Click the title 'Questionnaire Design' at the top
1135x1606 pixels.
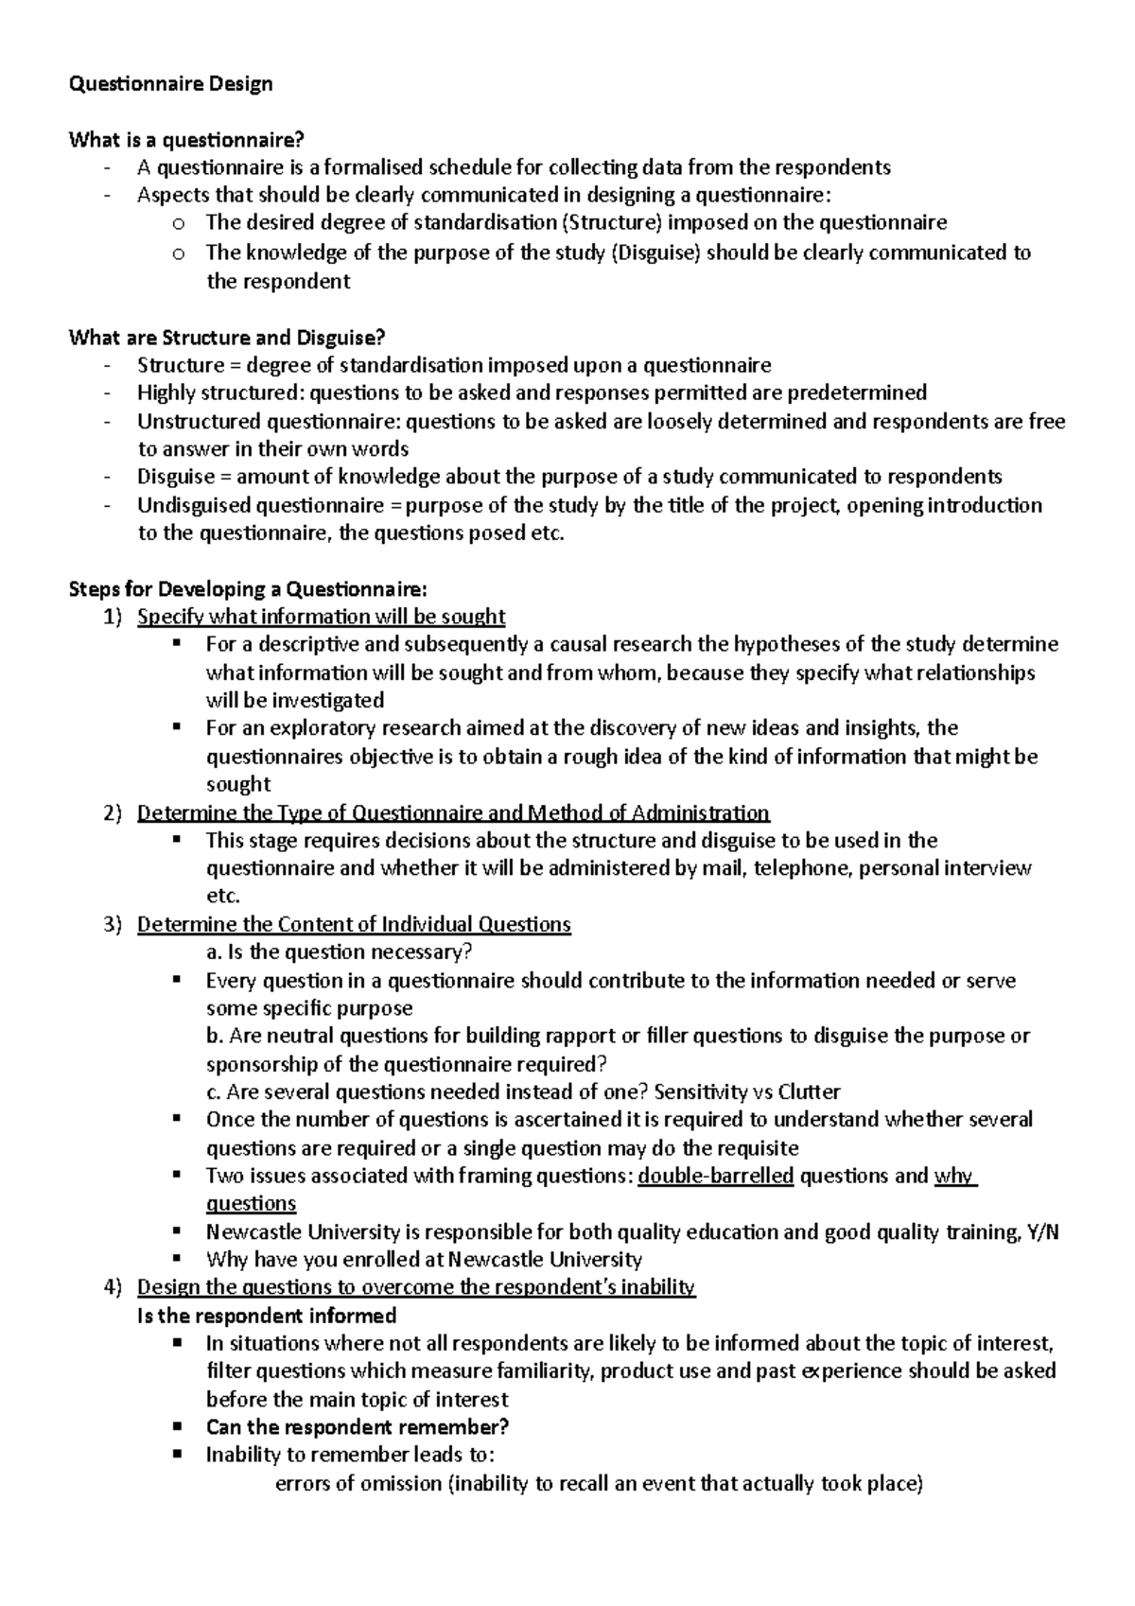click(x=171, y=84)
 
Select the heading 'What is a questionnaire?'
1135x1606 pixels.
click(x=186, y=141)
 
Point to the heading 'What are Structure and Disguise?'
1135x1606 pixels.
click(x=227, y=338)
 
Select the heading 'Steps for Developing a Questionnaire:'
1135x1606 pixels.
click(x=248, y=589)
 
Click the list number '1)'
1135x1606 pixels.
click(x=113, y=618)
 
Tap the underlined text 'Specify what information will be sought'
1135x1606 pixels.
click(x=321, y=618)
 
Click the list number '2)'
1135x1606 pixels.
click(x=113, y=813)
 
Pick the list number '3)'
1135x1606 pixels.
click(x=113, y=925)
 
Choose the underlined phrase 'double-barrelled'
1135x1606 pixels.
click(x=716, y=1177)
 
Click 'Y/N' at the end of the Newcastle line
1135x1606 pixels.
click(x=1043, y=1232)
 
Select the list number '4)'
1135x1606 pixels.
click(x=113, y=1287)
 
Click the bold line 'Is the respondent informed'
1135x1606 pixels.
click(x=267, y=1316)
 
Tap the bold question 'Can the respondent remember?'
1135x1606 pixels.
click(x=358, y=1427)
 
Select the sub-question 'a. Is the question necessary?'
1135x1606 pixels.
click(x=339, y=952)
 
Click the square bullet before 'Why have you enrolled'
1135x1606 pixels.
click(x=177, y=1259)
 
